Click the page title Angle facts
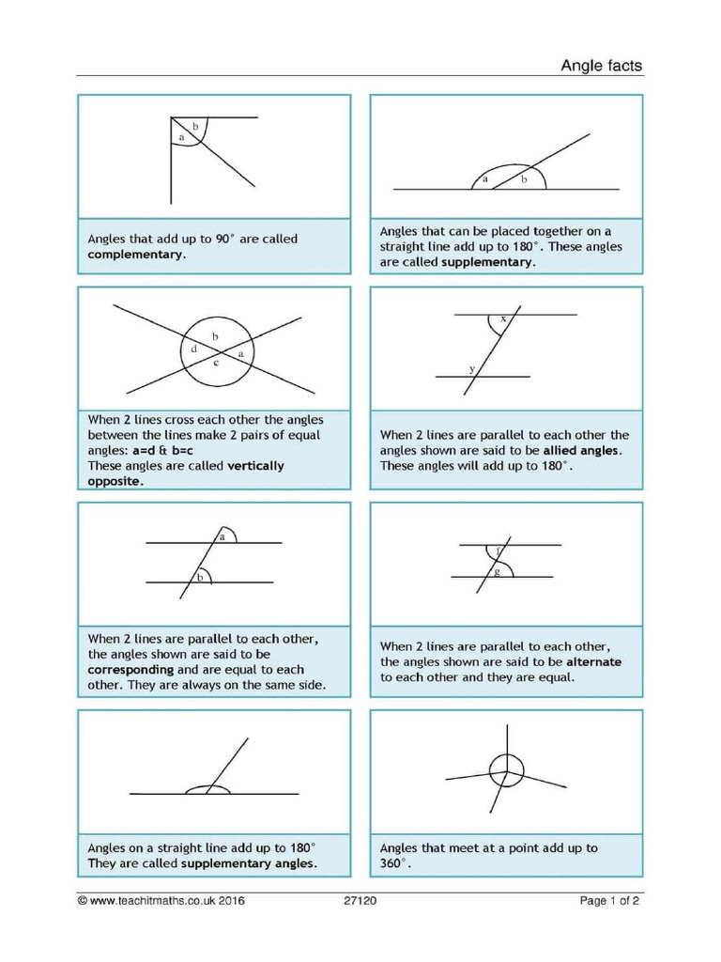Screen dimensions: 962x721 click(x=601, y=65)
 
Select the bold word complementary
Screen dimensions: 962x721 click(x=135, y=254)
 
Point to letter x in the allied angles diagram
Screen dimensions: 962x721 click(x=503, y=319)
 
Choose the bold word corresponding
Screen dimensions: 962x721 click(x=130, y=670)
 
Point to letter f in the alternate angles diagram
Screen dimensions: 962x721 click(x=498, y=550)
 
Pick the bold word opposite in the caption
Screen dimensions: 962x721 click(x=115, y=480)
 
